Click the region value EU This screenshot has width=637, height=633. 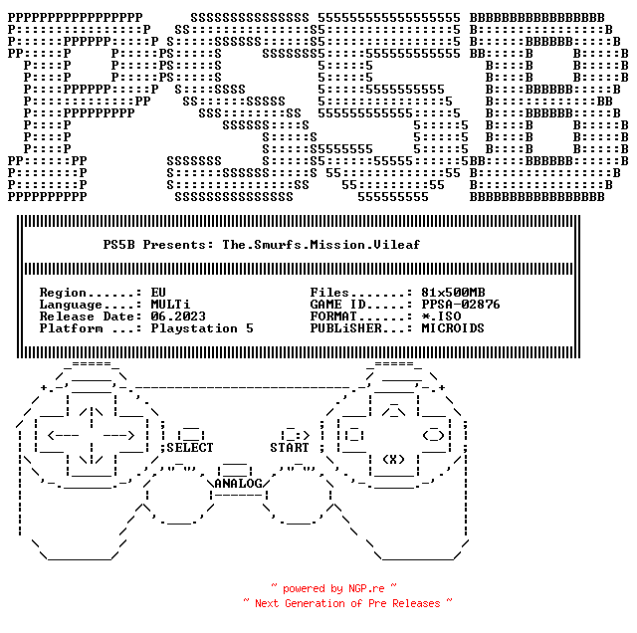158,293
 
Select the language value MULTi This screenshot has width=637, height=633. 170,305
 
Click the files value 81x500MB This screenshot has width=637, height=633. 453,293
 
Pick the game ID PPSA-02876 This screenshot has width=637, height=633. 461,305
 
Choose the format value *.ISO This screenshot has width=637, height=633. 441,316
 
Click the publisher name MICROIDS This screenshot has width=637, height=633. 453,328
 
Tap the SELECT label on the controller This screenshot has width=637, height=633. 190,448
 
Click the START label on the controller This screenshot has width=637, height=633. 290,448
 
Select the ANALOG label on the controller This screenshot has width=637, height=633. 238,484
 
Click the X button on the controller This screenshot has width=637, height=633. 393,460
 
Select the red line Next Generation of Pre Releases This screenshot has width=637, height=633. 347,603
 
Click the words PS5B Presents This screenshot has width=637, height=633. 158,244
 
